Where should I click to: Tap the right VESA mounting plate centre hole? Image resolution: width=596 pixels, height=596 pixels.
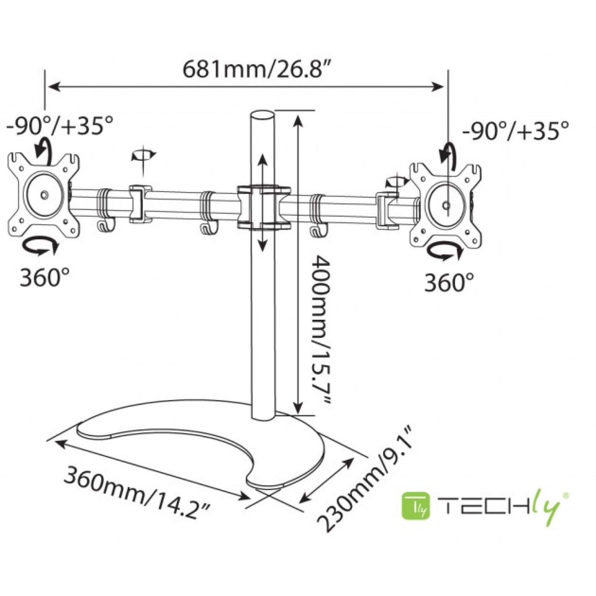coord(446,205)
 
